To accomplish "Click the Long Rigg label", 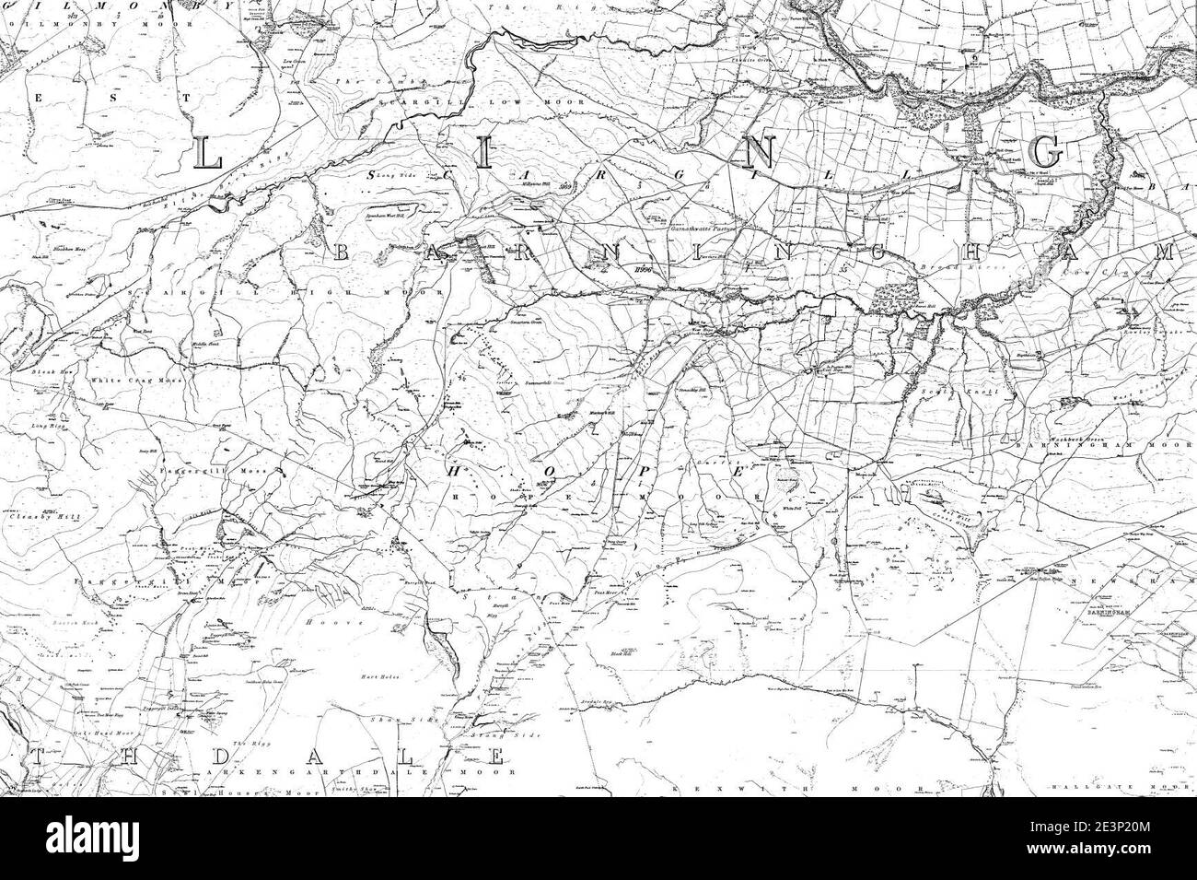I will point(52,427).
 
